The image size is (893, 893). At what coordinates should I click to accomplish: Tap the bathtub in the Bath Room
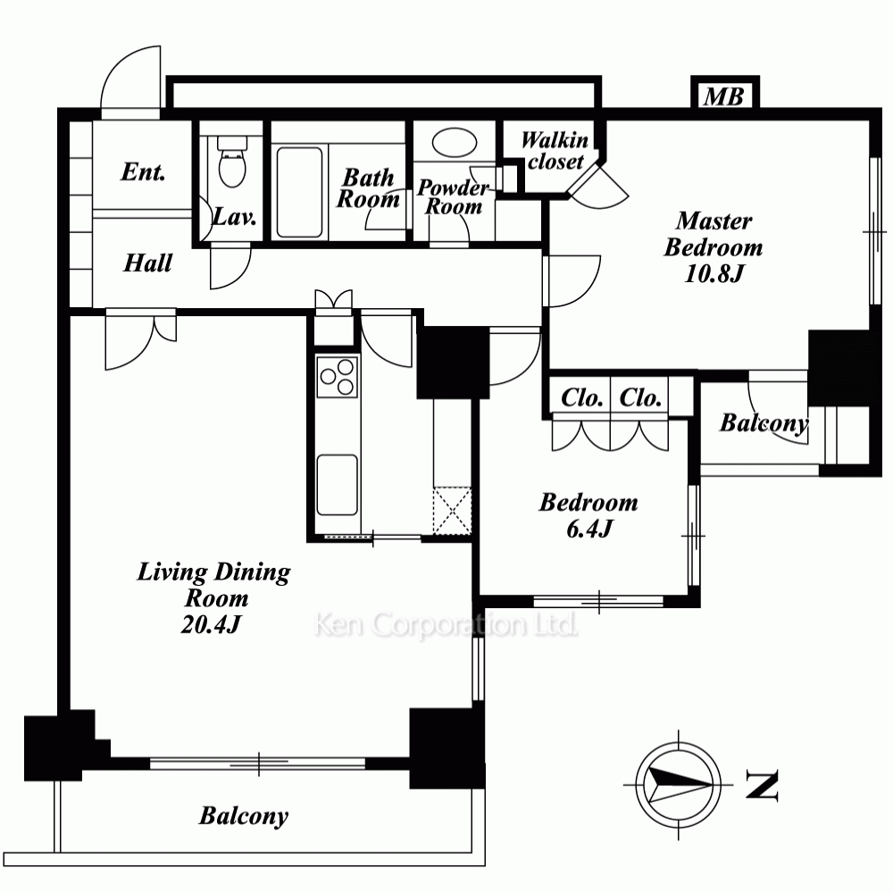pos(299,192)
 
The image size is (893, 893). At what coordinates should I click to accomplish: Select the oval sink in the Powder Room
pos(454,142)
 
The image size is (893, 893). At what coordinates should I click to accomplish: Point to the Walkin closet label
pos(555,151)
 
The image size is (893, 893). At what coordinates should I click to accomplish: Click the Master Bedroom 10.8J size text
pos(714,274)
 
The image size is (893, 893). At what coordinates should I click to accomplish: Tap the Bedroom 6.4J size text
pos(588,530)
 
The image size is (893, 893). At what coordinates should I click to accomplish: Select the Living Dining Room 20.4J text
pos(214,598)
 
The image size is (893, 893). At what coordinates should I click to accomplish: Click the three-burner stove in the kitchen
pos(338,376)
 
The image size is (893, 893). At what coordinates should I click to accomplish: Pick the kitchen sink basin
pos(338,485)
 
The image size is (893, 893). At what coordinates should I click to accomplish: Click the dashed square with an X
pos(452,510)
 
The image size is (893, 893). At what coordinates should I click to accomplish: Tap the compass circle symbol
pos(679,784)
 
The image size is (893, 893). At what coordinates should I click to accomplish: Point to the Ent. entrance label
pos(143,171)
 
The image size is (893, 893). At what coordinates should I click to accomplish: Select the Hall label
pos(147,263)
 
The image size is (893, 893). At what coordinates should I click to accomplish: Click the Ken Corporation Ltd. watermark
pos(446,625)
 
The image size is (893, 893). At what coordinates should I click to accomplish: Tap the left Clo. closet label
pos(582,397)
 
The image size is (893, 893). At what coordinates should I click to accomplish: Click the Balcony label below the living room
pos(244,816)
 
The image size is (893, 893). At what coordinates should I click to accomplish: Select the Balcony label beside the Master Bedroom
pos(764,423)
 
